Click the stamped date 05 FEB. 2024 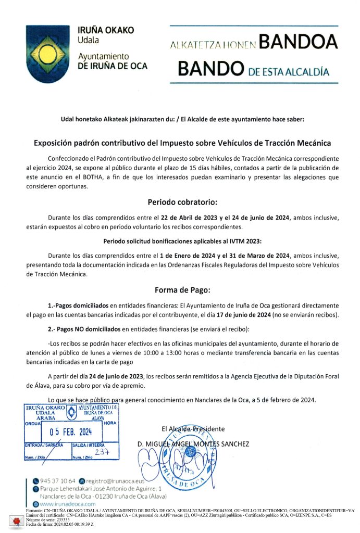(70, 431)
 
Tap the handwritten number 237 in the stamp (102, 452)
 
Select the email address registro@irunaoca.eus (115, 480)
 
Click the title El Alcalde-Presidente (193, 429)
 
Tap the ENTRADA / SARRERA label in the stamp (44, 445)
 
